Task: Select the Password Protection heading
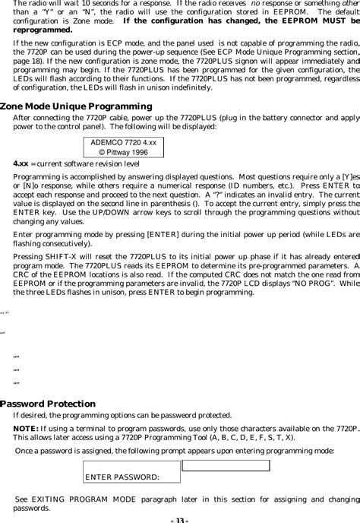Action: pos(49,404)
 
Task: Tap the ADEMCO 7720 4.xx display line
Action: pos(123,142)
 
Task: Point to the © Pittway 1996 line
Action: pos(123,152)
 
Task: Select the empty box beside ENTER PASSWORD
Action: pos(226,466)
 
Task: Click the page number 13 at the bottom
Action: pos(180,519)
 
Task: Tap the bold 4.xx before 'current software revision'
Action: pos(21,163)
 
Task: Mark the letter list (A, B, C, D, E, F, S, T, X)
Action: pos(255,438)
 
